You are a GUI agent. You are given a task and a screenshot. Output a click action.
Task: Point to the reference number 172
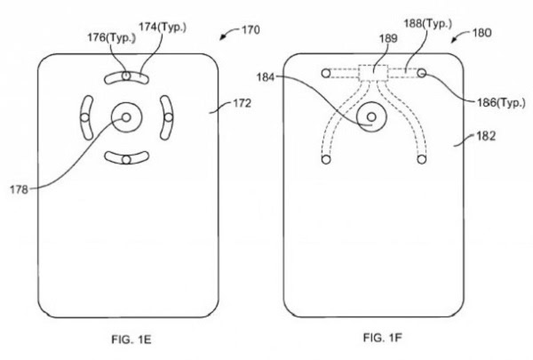[x=240, y=104]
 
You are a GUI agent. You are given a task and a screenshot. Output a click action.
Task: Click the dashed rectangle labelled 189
[x=374, y=74]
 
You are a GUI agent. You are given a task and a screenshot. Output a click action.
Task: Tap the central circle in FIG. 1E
[x=125, y=118]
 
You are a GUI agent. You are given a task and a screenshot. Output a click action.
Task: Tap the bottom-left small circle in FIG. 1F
[x=325, y=159]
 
